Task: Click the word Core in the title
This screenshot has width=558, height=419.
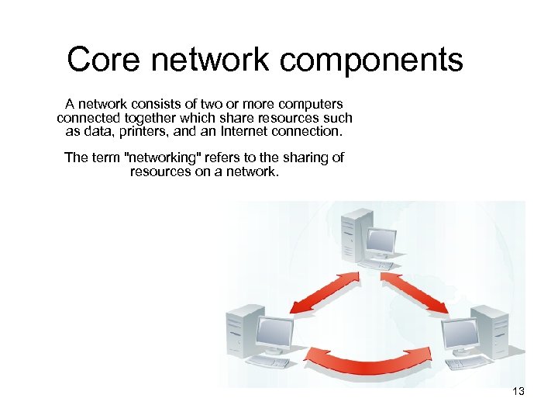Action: coord(97,60)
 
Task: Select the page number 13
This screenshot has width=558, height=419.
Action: coord(518,392)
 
